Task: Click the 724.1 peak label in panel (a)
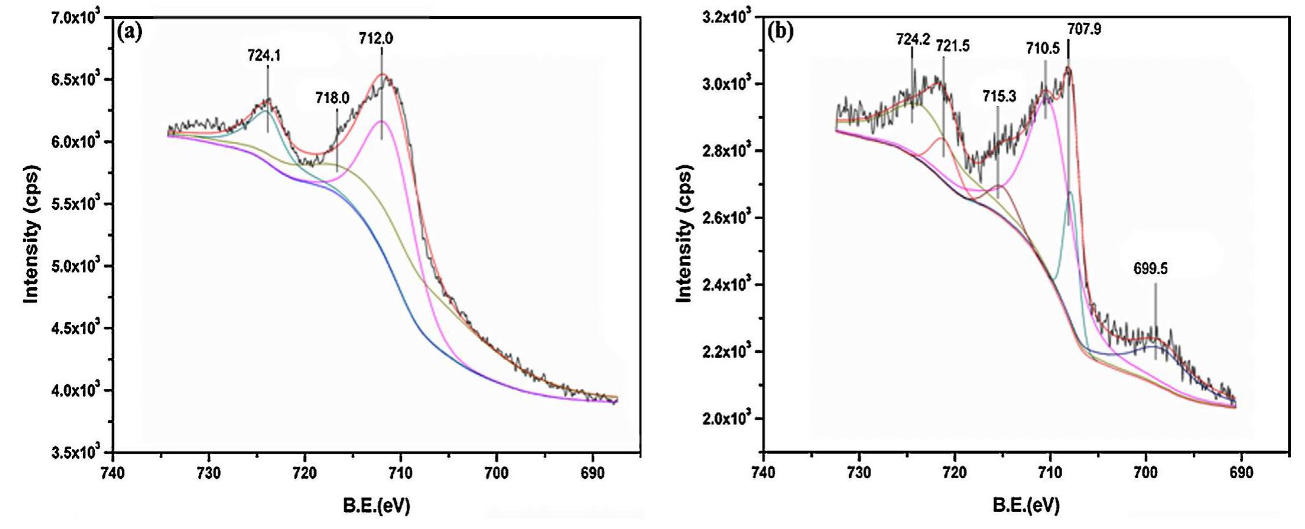point(264,56)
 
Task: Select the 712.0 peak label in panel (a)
point(376,39)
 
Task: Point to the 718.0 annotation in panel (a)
point(332,98)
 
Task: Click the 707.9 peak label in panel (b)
point(1084,29)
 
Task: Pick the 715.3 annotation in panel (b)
point(999,95)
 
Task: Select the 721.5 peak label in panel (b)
point(952,45)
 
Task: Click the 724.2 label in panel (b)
point(913,39)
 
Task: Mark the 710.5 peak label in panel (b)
point(1043,47)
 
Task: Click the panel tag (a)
point(130,32)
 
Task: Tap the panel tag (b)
point(781,32)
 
